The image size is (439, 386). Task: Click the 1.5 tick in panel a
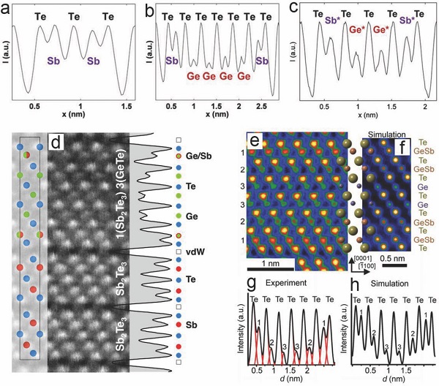pos(127,107)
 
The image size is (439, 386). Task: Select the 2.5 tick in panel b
pos(262,107)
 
